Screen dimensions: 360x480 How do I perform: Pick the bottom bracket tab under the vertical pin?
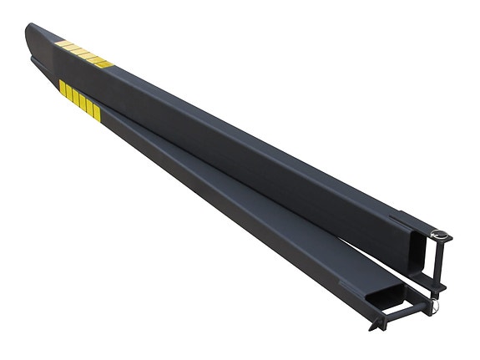click(435, 287)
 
